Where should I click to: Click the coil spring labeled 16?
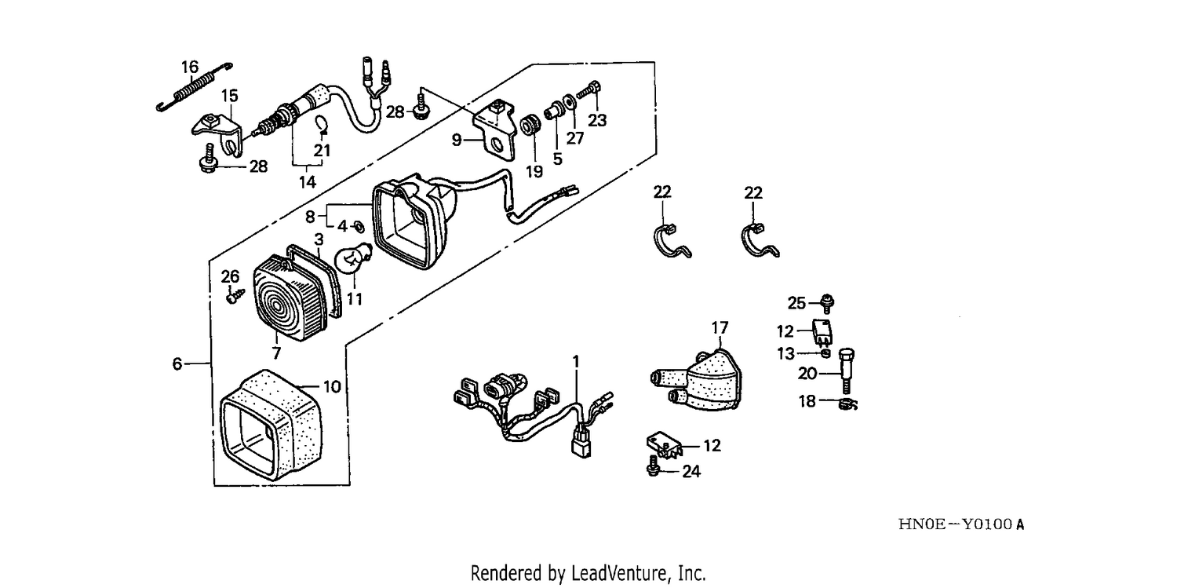(195, 87)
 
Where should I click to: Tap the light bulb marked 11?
(353, 259)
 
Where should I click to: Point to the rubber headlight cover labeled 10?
(271, 425)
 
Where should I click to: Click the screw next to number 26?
(235, 295)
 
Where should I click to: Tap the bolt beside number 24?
(653, 466)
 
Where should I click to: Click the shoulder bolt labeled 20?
(846, 371)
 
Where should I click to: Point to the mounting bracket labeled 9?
(495, 133)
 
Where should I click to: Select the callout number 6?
(177, 363)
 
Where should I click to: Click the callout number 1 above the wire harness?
(576, 362)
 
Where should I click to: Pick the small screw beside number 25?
(826, 303)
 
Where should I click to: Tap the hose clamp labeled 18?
(847, 404)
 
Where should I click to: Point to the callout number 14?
(308, 182)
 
